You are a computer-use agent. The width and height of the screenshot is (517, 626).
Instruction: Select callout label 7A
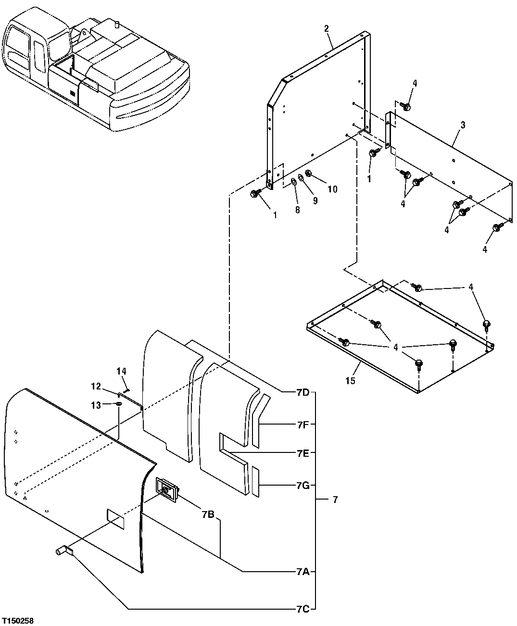303,572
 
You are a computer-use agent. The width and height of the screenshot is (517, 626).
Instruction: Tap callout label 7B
208,514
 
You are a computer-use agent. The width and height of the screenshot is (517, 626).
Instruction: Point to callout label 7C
303,609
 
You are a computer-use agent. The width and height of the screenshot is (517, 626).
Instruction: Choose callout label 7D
303,393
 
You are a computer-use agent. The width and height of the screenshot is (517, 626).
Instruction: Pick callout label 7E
303,453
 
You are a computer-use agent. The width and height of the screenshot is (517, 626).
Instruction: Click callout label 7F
303,425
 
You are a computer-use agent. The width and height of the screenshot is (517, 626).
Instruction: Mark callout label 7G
303,485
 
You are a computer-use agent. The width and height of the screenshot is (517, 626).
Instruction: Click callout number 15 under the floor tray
350,381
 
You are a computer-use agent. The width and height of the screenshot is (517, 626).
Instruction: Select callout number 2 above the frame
327,28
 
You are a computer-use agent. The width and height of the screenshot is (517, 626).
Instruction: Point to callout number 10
332,189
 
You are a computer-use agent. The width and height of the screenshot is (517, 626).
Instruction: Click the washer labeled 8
293,182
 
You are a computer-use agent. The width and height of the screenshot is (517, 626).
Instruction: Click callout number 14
121,371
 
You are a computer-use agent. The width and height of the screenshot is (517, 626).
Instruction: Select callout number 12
97,386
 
